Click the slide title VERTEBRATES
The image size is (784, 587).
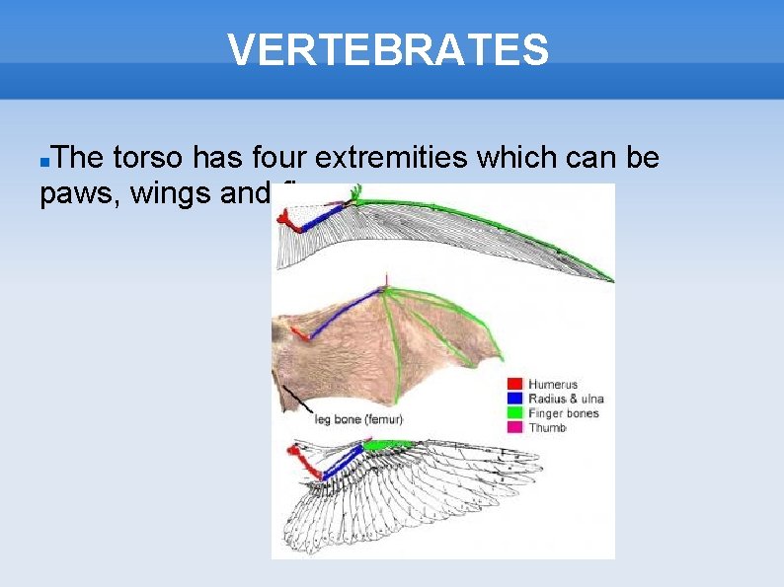pos(388,49)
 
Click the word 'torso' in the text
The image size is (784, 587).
pos(148,157)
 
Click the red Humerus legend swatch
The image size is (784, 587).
pos(513,384)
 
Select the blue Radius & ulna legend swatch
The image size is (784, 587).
pos(513,399)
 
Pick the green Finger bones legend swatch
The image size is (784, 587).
pos(513,413)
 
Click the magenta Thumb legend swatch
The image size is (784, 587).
pos(513,428)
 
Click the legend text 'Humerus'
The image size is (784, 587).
pos(553,384)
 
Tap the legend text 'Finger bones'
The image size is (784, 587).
pos(564,413)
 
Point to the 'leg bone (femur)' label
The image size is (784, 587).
pos(358,419)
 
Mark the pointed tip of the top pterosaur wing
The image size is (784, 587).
pos(611,280)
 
